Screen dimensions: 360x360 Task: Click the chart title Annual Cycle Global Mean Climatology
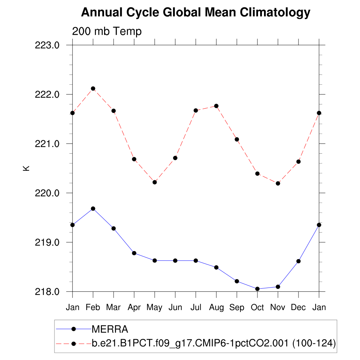tap(196, 13)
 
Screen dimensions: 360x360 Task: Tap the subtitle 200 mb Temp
tap(107, 31)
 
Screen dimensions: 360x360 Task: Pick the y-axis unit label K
tap(26, 168)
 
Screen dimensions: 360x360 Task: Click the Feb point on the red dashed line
tap(93, 89)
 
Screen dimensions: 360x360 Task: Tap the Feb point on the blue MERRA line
tap(93, 209)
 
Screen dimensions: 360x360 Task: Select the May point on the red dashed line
tap(155, 182)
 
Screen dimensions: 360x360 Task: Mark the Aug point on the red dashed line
tap(217, 106)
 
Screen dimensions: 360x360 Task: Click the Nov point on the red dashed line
tap(278, 183)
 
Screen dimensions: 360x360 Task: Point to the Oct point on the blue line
tap(257, 289)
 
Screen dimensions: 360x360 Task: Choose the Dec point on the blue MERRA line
tap(298, 261)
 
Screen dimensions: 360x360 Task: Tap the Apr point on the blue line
tap(134, 253)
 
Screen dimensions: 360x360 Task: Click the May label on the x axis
tap(154, 308)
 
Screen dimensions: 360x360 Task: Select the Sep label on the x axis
tap(237, 308)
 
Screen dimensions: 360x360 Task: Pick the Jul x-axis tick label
tap(196, 308)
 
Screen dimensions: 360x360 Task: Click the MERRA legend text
tap(110, 329)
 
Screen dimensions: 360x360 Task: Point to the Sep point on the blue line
tap(237, 281)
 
